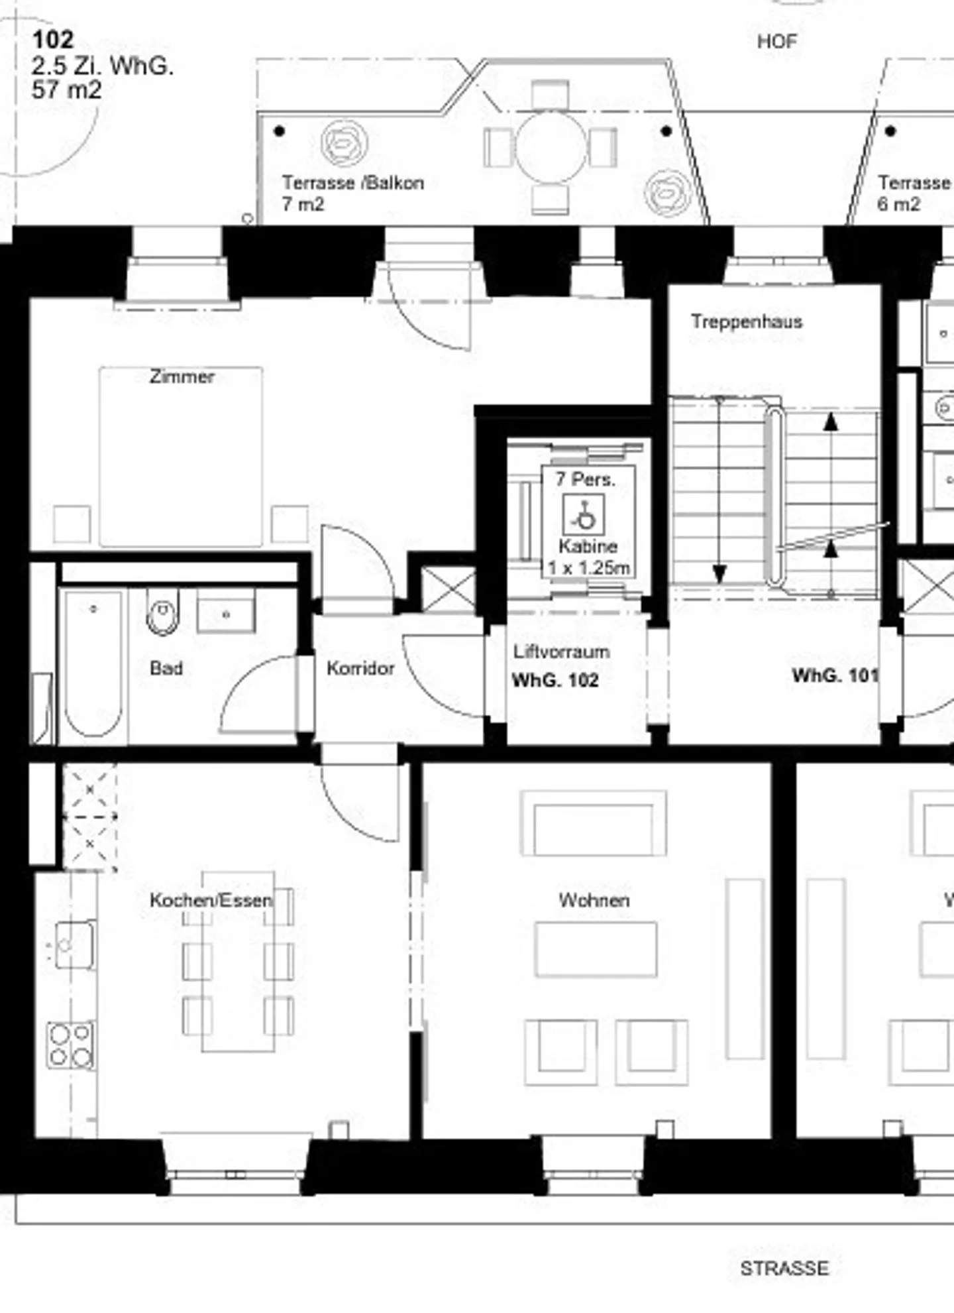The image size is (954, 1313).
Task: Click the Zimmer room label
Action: click(182, 376)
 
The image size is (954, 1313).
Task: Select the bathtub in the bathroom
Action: click(93, 663)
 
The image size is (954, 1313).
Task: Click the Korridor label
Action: click(360, 668)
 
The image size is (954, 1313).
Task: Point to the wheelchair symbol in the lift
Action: click(584, 516)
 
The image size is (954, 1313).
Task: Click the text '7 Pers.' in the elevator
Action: click(585, 479)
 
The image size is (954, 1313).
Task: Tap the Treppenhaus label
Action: click(747, 321)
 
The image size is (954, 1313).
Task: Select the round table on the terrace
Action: click(551, 147)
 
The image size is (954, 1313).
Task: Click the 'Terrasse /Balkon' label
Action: click(352, 183)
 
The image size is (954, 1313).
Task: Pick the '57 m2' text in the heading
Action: click(66, 90)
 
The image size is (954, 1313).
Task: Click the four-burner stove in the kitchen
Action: click(70, 1045)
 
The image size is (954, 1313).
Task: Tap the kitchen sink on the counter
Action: click(74, 944)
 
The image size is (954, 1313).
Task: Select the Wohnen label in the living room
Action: click(594, 900)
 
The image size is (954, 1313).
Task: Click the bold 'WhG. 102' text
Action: click(555, 680)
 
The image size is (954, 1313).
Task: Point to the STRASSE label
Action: click(784, 1268)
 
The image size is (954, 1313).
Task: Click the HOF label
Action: click(776, 42)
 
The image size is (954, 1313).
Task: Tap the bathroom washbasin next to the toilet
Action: click(226, 614)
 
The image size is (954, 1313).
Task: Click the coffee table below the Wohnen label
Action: click(596, 949)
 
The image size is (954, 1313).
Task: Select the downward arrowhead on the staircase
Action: click(719, 573)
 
